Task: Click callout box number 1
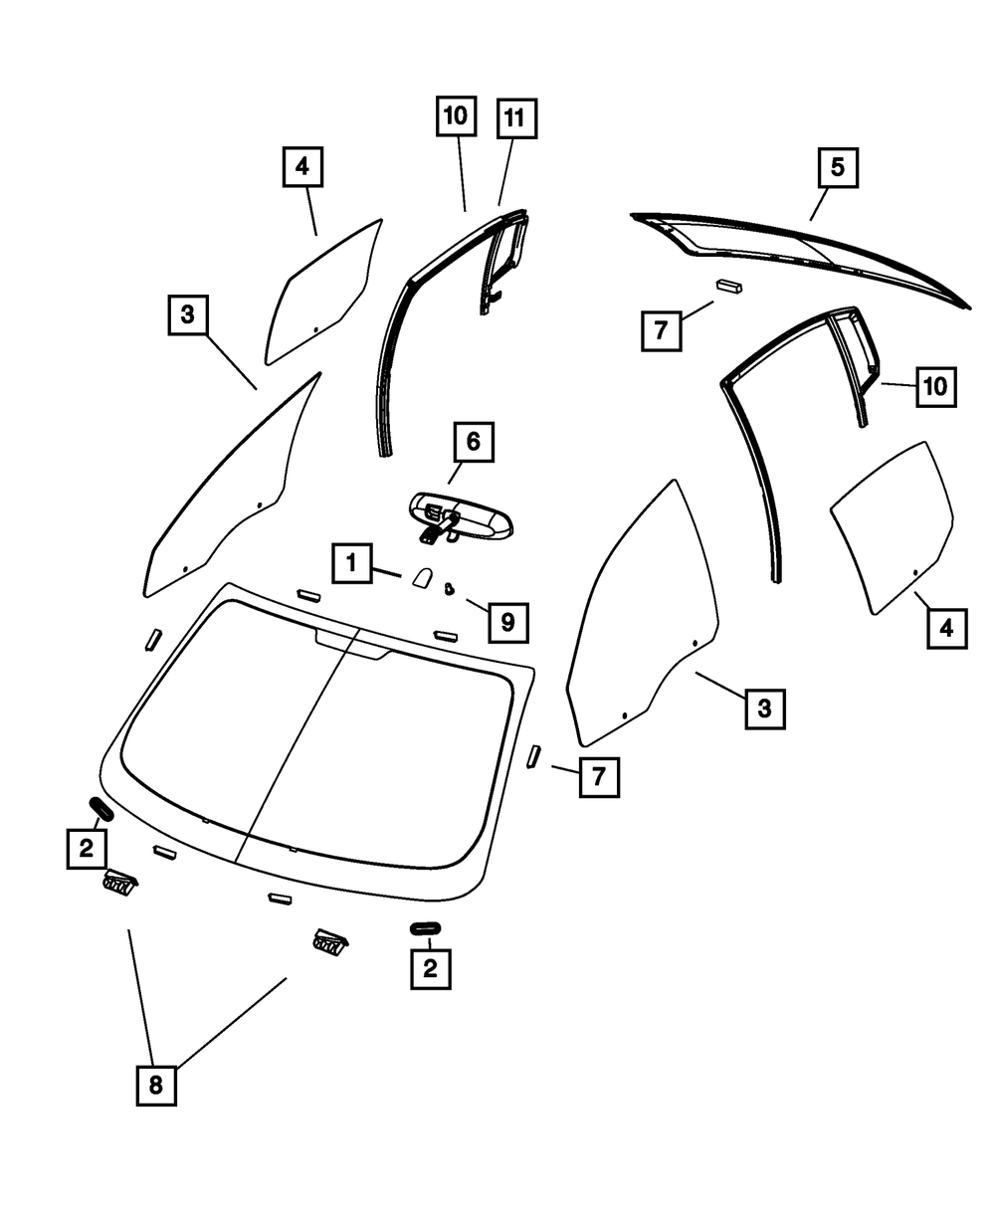click(x=351, y=563)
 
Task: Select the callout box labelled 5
click(x=838, y=168)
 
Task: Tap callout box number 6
click(x=473, y=441)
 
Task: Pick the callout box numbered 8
click(x=155, y=1085)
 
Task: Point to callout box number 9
click(x=507, y=623)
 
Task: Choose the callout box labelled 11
click(x=513, y=118)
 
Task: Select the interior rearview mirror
click(x=460, y=516)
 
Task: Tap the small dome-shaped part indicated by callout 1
click(x=420, y=577)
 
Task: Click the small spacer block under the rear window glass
click(x=729, y=286)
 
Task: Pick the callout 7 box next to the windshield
click(x=599, y=776)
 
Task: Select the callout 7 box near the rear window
click(x=661, y=330)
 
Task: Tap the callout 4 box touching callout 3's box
click(x=946, y=628)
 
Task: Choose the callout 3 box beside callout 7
click(x=764, y=707)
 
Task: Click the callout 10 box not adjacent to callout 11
click(x=934, y=386)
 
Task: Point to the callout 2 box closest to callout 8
click(x=88, y=849)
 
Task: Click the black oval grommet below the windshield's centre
click(x=425, y=927)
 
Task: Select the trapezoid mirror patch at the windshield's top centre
click(x=353, y=644)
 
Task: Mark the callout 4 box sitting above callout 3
click(x=302, y=167)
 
